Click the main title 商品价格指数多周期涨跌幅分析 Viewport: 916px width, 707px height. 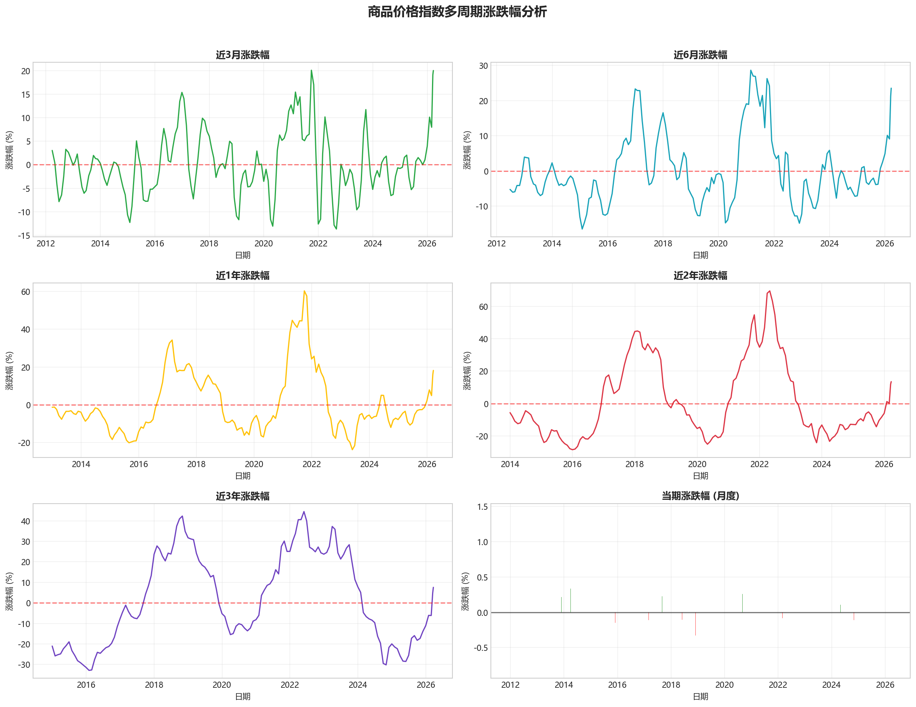[x=457, y=12]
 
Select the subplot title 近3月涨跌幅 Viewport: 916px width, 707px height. [x=243, y=55]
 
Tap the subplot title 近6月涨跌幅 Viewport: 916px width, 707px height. [x=700, y=55]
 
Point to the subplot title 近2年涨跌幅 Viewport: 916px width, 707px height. [x=700, y=276]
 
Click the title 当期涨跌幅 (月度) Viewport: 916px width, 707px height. [x=700, y=496]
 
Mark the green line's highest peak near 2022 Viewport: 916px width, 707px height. [x=311, y=70]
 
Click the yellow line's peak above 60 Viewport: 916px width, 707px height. [x=304, y=291]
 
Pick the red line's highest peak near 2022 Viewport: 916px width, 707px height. [x=769, y=291]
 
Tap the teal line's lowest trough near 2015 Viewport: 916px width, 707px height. [x=582, y=229]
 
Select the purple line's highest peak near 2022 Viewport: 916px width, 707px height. [x=304, y=512]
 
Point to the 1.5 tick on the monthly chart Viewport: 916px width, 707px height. [x=482, y=507]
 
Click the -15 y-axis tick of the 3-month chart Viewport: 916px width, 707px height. [x=24, y=236]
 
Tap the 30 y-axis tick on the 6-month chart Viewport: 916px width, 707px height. [x=484, y=66]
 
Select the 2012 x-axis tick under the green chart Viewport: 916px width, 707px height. [x=46, y=244]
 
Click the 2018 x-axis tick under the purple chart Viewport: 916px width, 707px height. [x=154, y=685]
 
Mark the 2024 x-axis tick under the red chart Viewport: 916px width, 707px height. [x=821, y=464]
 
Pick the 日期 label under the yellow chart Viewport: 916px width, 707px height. [x=243, y=476]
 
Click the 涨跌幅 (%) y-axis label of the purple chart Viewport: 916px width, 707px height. [x=9, y=591]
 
